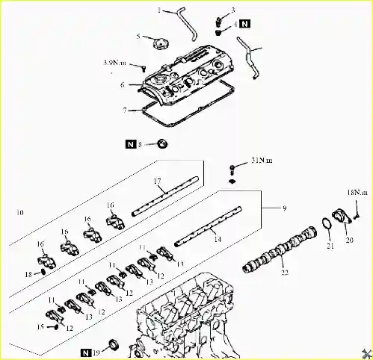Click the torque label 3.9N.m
pos(114,63)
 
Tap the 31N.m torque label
pos(262,161)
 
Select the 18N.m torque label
pos(357,193)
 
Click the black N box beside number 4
pos(245,24)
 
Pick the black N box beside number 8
pos(131,144)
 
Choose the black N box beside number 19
pos(86,353)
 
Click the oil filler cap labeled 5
pos(160,44)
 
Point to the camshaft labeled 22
pos(280,249)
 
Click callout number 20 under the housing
pos(350,240)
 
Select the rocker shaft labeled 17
pos(165,196)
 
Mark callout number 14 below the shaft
pos(218,239)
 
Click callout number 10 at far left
pos(20,212)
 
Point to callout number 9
pos(285,208)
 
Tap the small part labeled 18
pos(43,272)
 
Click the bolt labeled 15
pos(55,327)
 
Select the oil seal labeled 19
pos(114,346)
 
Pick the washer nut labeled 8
pos(162,143)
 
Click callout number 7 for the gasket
pos(125,110)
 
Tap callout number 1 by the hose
pos(159,10)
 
